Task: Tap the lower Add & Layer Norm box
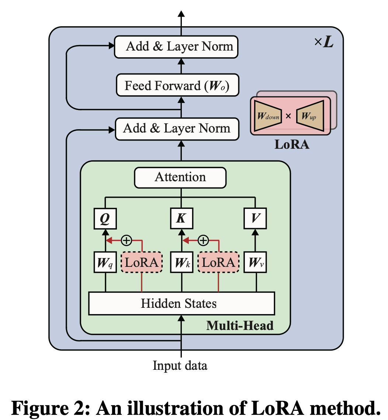coord(177,129)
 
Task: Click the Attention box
coord(180,177)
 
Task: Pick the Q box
coord(105,218)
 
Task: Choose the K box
coord(181,218)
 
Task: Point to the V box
coord(255,218)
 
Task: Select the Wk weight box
coord(181,263)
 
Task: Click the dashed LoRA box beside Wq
coord(142,263)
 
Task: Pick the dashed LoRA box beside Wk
coord(218,263)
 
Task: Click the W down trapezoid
coord(268,116)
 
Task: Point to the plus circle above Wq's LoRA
coord(127,240)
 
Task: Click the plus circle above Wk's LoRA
coord(202,240)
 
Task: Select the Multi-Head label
coord(240,326)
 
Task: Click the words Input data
coord(180,366)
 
